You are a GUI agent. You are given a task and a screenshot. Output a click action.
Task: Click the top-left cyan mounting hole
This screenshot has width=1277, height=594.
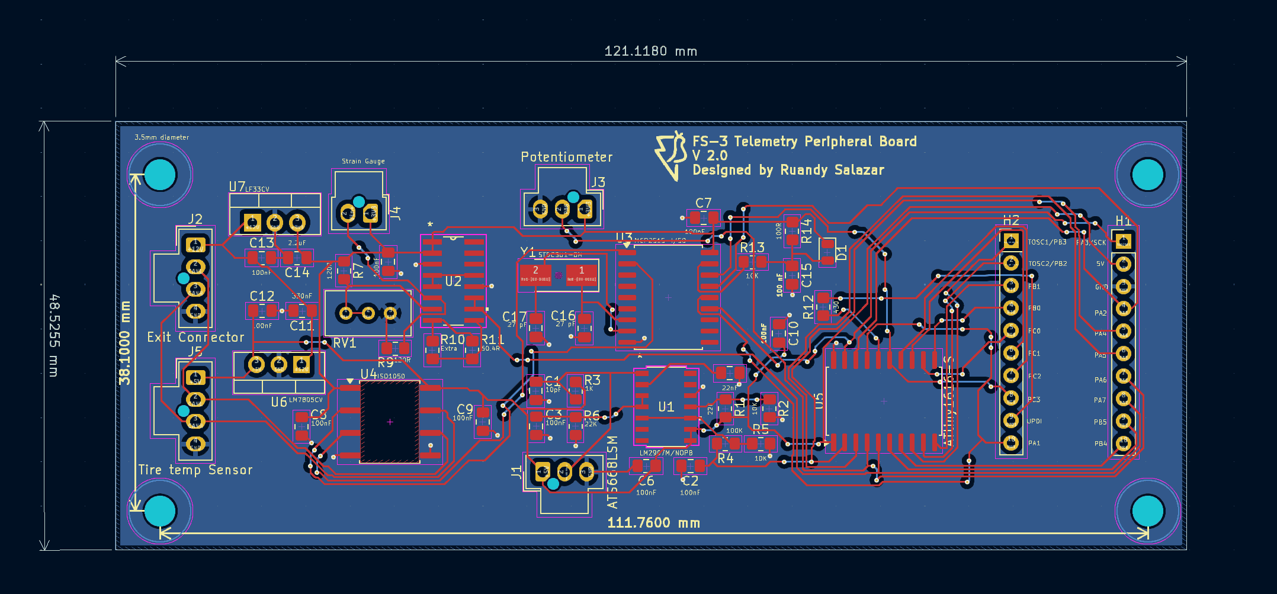160,174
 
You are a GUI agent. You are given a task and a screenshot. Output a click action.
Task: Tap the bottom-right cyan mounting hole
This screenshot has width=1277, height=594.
1147,511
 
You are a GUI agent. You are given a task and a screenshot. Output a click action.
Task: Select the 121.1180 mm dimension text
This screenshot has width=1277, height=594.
650,52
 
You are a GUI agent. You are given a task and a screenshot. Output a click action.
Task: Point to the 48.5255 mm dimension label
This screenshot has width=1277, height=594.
54,335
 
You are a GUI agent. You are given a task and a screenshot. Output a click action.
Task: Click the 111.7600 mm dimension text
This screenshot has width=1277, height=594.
653,523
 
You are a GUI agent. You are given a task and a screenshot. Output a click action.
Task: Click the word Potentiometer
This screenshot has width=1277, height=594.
566,157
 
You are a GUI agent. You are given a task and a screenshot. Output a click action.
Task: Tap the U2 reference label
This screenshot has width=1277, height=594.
453,281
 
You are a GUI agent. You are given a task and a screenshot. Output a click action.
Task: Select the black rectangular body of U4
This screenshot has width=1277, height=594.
390,422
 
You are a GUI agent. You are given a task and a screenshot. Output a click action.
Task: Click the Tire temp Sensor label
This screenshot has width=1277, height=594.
195,470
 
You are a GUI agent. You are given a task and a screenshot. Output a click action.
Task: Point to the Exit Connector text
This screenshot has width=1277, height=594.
195,338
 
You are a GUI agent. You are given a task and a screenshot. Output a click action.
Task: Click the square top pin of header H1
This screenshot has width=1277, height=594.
1123,242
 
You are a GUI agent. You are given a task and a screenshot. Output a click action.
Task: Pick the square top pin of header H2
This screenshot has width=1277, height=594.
1010,240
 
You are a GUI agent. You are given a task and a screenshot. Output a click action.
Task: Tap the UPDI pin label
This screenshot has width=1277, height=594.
1034,421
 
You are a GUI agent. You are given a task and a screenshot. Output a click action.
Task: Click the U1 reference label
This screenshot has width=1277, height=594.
666,407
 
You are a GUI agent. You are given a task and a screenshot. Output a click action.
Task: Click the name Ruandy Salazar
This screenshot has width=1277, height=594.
832,171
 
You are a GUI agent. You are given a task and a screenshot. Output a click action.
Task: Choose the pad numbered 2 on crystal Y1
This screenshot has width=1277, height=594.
535,274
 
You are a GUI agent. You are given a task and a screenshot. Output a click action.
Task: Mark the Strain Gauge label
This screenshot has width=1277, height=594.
363,161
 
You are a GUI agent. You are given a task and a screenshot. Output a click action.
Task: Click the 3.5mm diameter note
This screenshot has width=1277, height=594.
162,137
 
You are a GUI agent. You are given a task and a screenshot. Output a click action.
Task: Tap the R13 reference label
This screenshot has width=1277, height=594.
752,247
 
